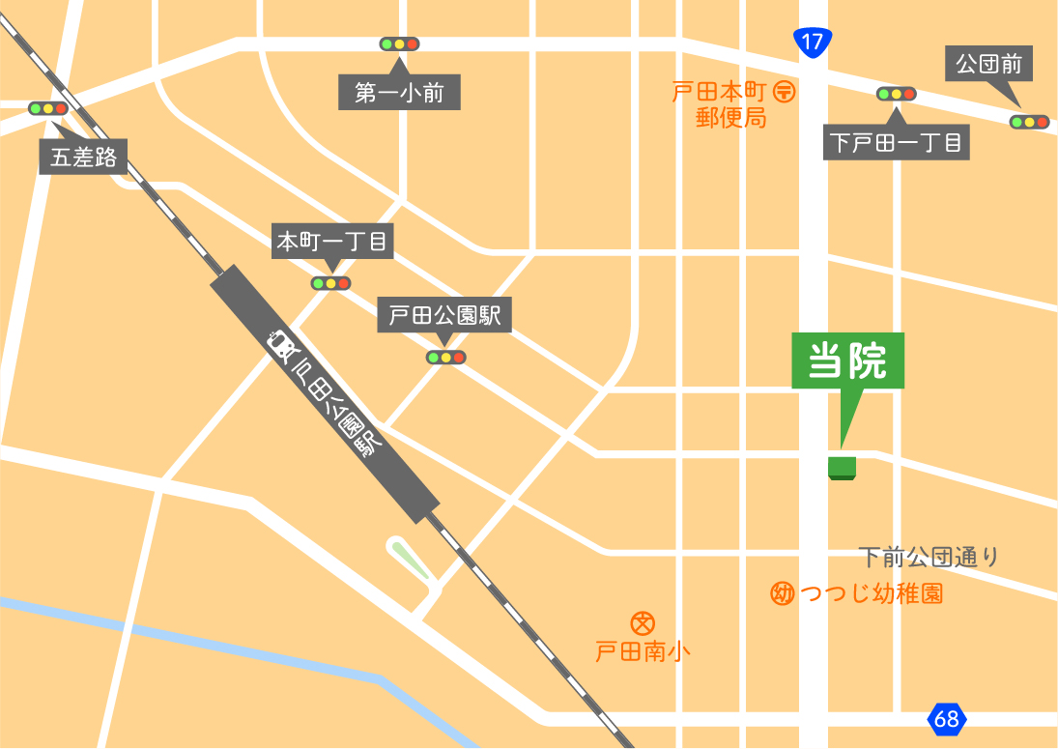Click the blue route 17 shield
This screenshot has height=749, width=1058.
[x=812, y=42]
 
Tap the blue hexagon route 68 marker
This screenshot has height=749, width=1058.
[x=947, y=719]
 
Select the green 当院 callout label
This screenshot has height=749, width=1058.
[x=847, y=362]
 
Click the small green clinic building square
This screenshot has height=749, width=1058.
[x=843, y=468]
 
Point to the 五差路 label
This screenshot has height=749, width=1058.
[x=84, y=158]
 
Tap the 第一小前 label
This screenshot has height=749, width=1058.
[x=399, y=94]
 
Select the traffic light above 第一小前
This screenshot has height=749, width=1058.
[x=399, y=44]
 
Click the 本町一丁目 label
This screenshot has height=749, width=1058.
[x=331, y=242]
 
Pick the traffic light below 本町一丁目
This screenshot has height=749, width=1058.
[x=330, y=283]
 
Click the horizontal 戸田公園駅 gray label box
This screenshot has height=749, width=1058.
[x=444, y=316]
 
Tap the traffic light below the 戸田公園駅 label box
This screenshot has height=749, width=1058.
[x=445, y=358]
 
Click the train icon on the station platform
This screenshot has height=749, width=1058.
[x=281, y=345]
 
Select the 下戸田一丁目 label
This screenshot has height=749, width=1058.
[x=896, y=144]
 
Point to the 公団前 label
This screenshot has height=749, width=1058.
[x=988, y=66]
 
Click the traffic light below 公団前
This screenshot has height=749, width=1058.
[x=1029, y=122]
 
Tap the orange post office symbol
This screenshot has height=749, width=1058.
[x=785, y=93]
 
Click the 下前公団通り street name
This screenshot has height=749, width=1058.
[x=928, y=557]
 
